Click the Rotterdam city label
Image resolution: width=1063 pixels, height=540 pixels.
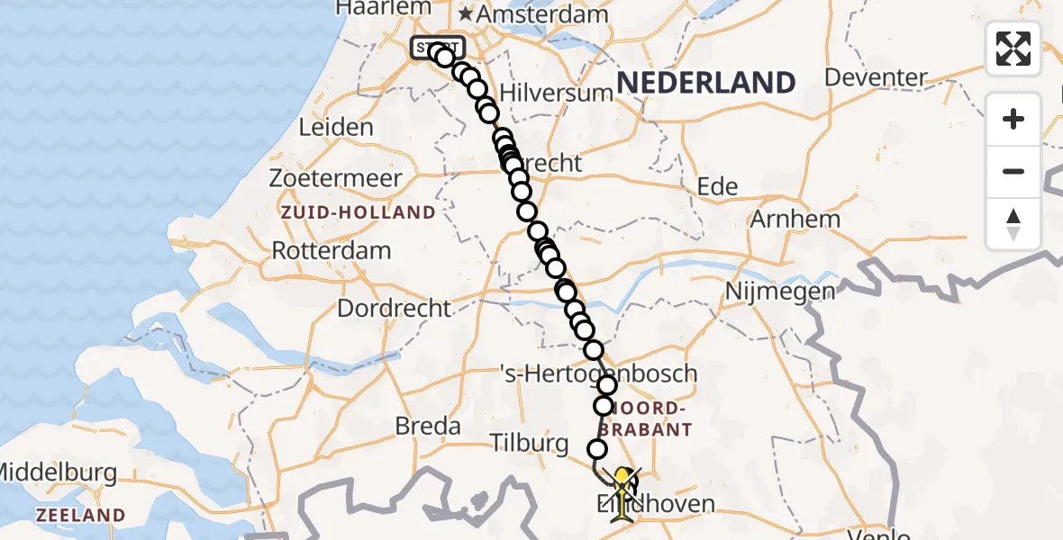tap(332, 250)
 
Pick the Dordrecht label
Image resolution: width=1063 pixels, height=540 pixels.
tap(394, 308)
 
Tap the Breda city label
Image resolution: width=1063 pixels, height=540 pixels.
tap(429, 426)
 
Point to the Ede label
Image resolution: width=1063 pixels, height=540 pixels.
tap(718, 187)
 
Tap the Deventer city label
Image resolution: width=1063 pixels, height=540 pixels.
tap(877, 77)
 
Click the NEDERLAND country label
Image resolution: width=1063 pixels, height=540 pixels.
tap(706, 83)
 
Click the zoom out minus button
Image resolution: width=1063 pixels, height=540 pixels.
tap(1013, 171)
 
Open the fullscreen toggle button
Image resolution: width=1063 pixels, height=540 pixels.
tap(1013, 49)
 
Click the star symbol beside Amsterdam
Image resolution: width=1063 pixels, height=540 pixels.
tap(466, 14)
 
